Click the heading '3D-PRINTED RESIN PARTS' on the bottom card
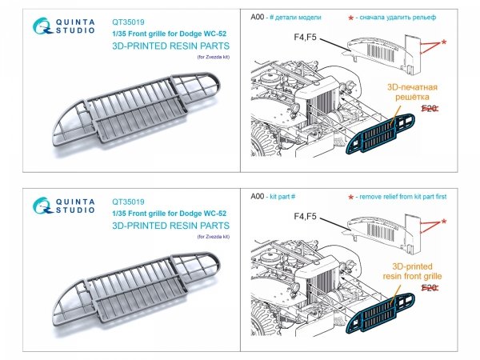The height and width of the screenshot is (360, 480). pos(169,225)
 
